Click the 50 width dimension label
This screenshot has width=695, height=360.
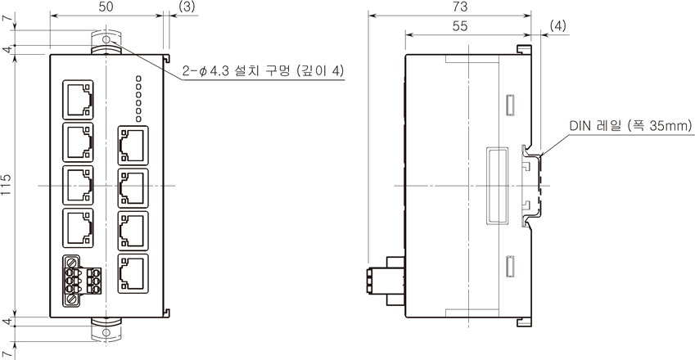click(x=106, y=7)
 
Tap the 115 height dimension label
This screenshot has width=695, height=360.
click(x=7, y=185)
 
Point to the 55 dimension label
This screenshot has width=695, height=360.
click(x=460, y=26)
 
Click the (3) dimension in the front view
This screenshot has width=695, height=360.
click(x=186, y=7)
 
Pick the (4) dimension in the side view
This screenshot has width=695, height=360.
click(x=557, y=26)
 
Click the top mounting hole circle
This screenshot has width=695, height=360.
click(x=106, y=40)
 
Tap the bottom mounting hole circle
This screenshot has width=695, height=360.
click(x=106, y=332)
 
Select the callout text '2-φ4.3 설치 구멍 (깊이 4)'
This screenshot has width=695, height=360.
click(x=264, y=70)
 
